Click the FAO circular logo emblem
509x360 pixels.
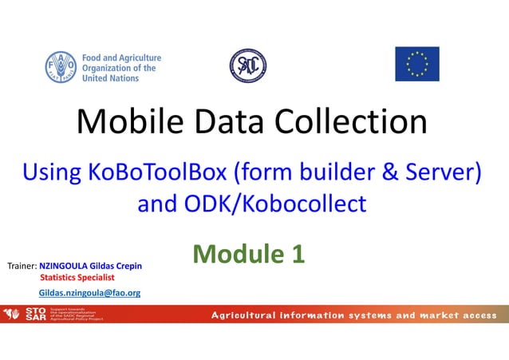pos(61,67)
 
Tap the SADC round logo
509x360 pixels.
pos(248,65)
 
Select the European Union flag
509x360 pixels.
pos(416,64)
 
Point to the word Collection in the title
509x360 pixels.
pos(350,122)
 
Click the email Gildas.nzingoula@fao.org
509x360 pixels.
pos(89,293)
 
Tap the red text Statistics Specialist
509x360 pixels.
pos(77,277)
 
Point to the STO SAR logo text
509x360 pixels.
pos(35,314)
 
